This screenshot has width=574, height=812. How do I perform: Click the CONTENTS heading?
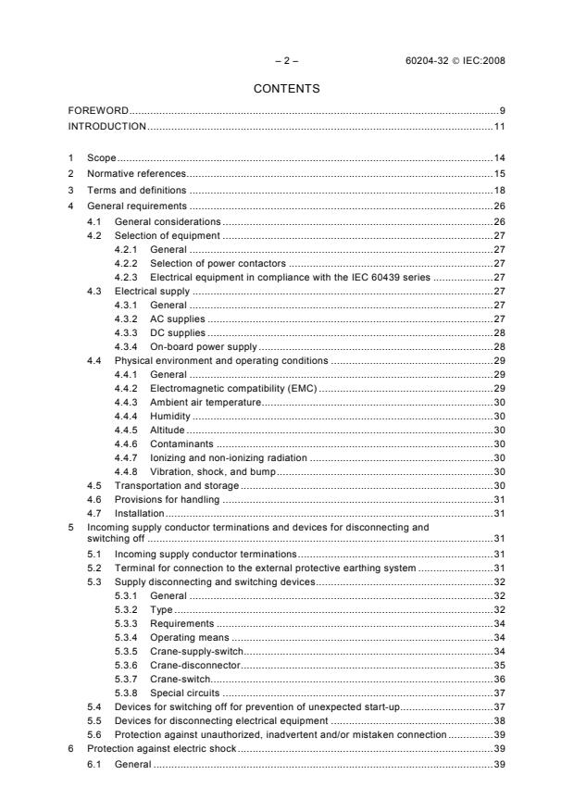286,89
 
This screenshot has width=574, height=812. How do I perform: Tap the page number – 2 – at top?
286,61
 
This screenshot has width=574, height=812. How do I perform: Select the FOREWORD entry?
98,111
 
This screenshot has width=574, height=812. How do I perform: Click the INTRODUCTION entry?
107,125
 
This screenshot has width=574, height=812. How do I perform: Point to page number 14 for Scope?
498,158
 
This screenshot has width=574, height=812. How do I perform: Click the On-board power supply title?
203,346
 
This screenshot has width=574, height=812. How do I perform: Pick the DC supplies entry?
178,332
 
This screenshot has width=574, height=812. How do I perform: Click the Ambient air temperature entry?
205,403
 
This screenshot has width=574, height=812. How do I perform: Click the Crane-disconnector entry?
194,665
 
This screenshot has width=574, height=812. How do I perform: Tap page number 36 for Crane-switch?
498,680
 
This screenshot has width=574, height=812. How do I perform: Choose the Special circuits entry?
185,693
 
